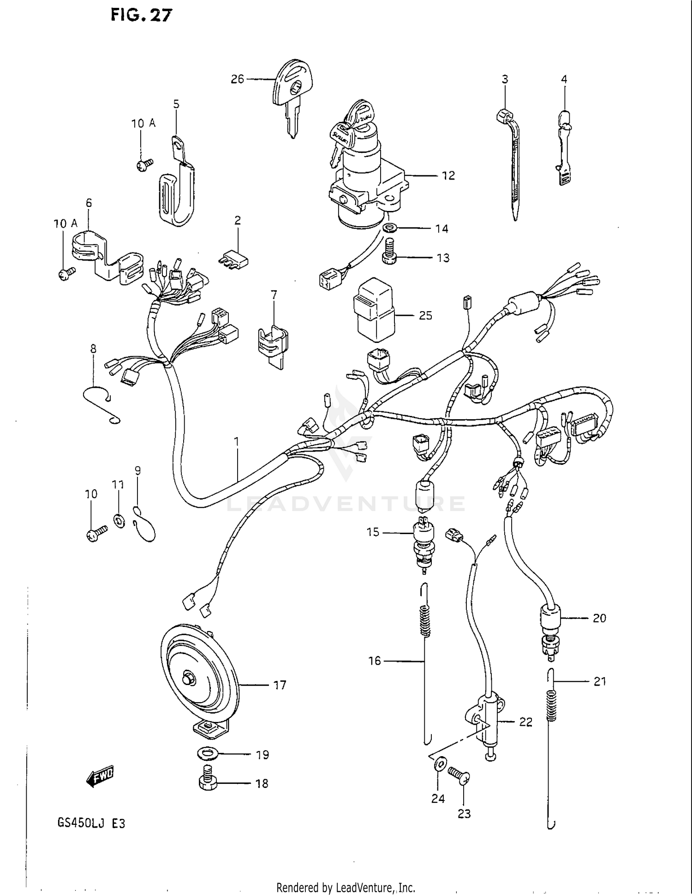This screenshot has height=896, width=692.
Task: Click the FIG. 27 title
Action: point(141,15)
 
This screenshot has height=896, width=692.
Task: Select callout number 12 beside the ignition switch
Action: point(448,176)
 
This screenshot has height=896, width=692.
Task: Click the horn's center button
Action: point(188,679)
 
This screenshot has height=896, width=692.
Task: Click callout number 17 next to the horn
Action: point(280,686)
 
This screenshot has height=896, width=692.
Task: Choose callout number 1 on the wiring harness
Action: point(237,442)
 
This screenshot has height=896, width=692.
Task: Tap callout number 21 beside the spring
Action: point(599,681)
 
